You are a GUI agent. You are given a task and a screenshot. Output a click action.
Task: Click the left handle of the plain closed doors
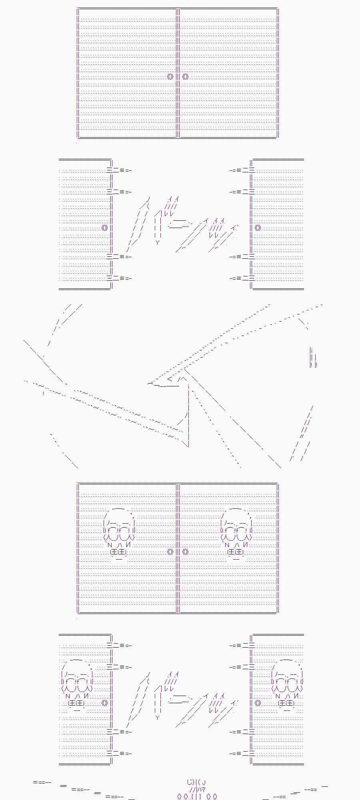tap(170, 76)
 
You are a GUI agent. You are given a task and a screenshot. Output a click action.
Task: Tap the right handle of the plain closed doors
tap(185, 76)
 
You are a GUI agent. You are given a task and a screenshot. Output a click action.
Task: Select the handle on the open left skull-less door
tap(105, 228)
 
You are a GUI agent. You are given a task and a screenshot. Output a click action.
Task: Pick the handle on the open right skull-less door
tap(258, 228)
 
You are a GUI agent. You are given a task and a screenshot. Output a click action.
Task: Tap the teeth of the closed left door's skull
tap(118, 552)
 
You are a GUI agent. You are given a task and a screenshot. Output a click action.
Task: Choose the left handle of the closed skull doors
tap(170, 552)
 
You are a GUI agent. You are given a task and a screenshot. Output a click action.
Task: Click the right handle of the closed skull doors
tap(185, 552)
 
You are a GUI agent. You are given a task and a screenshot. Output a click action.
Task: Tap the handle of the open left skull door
tap(105, 703)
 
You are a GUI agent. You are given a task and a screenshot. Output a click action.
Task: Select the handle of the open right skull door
tap(258, 703)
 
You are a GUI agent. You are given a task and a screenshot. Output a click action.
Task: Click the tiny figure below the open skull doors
tap(197, 790)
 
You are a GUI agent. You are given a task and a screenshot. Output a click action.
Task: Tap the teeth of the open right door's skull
tap(286, 703)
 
